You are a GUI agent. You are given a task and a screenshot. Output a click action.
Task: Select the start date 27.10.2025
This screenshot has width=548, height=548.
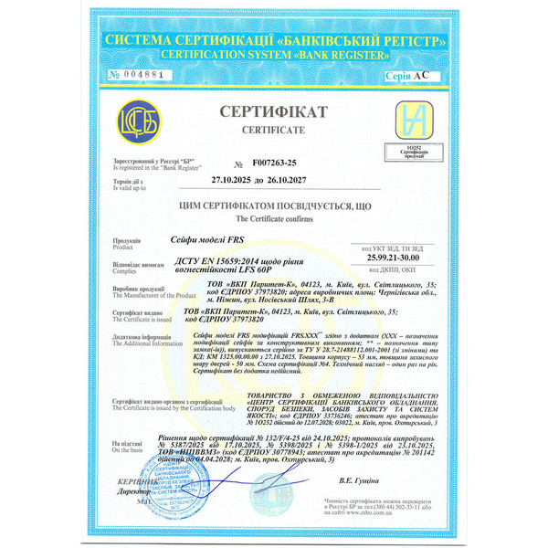(240, 180)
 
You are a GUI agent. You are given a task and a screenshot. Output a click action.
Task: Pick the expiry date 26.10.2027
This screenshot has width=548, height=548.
(313, 180)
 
